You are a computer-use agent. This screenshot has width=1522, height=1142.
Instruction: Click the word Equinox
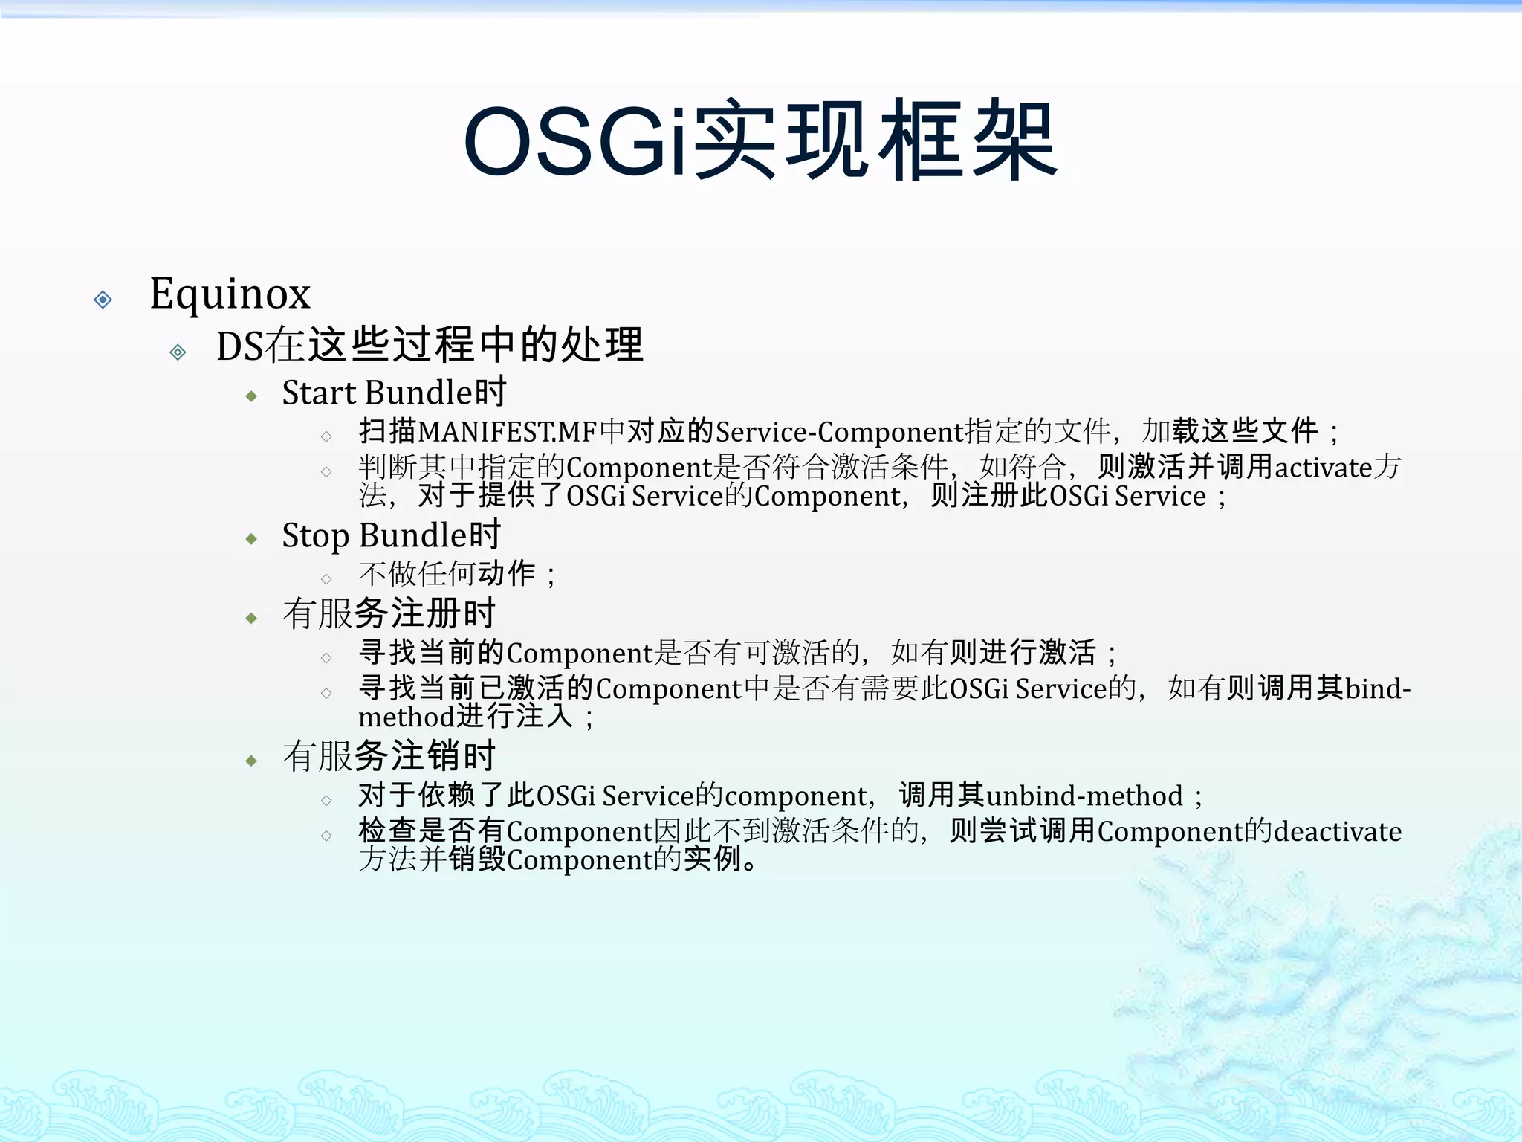[x=230, y=294]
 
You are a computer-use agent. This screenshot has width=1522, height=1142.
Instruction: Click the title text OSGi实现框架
[x=760, y=141]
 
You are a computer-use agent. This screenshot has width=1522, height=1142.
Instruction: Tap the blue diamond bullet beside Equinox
[x=103, y=300]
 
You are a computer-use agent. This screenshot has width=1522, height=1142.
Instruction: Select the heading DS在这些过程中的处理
[x=430, y=346]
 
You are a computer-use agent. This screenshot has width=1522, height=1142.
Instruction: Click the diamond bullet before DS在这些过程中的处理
[x=178, y=352]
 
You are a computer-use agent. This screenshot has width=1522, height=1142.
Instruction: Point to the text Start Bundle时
[x=394, y=393]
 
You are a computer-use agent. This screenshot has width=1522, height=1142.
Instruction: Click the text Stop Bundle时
[x=391, y=535]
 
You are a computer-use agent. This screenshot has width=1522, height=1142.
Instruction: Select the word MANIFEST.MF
[x=508, y=432]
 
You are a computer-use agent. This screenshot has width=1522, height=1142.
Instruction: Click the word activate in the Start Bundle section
[x=1323, y=468]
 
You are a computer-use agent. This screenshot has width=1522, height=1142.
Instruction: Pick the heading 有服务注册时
[x=389, y=614]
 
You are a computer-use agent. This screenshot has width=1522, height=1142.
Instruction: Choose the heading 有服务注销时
[x=389, y=757]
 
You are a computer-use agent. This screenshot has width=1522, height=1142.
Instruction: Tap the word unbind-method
[x=1084, y=796]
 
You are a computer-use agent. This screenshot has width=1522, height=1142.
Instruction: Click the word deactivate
[x=1338, y=832]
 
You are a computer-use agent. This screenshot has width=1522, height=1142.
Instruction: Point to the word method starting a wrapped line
[x=406, y=717]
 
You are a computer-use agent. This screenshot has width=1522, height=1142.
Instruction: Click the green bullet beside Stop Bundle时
[x=251, y=539]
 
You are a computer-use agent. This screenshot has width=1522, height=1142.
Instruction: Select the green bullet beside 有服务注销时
[x=251, y=761]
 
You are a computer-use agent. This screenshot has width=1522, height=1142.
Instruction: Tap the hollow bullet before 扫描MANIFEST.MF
[x=326, y=436]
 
